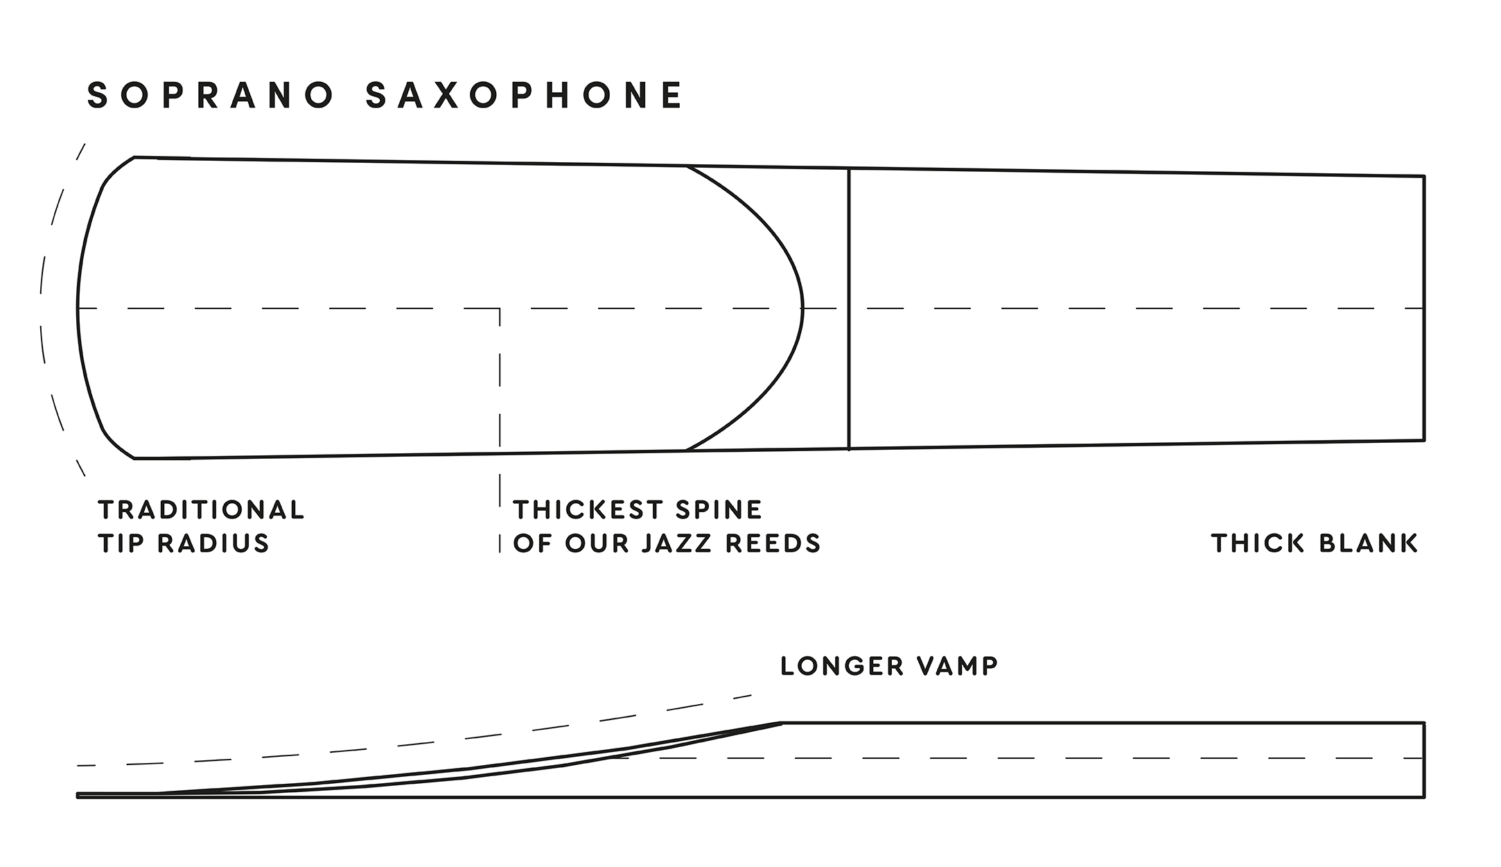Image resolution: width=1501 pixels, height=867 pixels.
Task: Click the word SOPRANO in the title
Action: [x=211, y=96]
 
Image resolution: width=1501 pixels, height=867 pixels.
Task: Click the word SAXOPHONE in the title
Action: [x=525, y=96]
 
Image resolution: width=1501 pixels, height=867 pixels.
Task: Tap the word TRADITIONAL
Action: [x=201, y=510]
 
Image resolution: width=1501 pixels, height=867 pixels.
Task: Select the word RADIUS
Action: [x=213, y=543]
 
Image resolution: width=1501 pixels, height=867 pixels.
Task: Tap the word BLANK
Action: [x=1369, y=543]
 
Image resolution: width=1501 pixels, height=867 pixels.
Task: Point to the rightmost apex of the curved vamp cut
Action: [x=802, y=308]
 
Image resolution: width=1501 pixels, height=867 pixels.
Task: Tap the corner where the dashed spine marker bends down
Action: [x=500, y=308]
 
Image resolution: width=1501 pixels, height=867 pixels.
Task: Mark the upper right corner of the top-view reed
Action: [x=1424, y=176]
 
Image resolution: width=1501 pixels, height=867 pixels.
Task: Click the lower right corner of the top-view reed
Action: [x=1424, y=440]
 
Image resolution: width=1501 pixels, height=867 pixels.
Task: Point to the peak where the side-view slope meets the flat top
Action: [x=782, y=723]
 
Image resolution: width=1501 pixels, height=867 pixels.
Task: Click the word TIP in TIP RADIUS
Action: [x=122, y=543]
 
